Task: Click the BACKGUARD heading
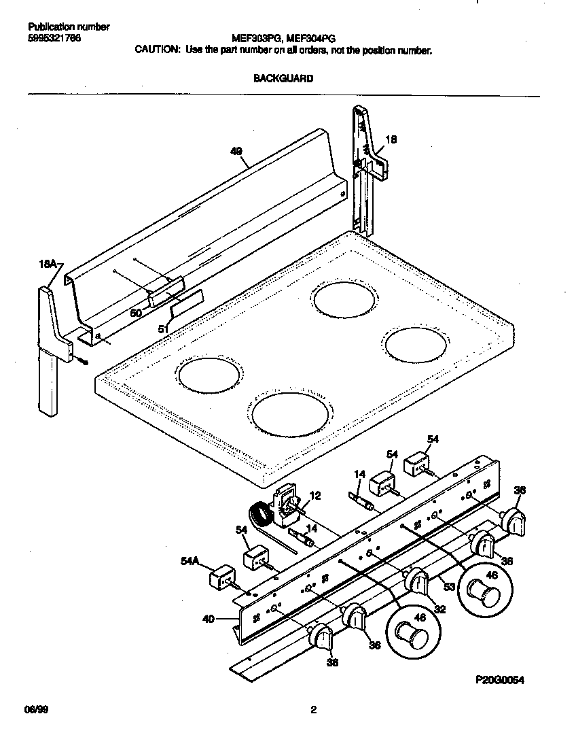pyautogui.click(x=283, y=78)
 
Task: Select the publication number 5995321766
pyautogui.click(x=55, y=38)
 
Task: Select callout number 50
pyautogui.click(x=136, y=313)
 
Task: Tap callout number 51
pyautogui.click(x=163, y=329)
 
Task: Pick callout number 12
pyautogui.click(x=314, y=496)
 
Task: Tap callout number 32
pyautogui.click(x=440, y=610)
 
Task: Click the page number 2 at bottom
pyautogui.click(x=313, y=711)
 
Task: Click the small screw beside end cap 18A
pyautogui.click(x=83, y=361)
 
